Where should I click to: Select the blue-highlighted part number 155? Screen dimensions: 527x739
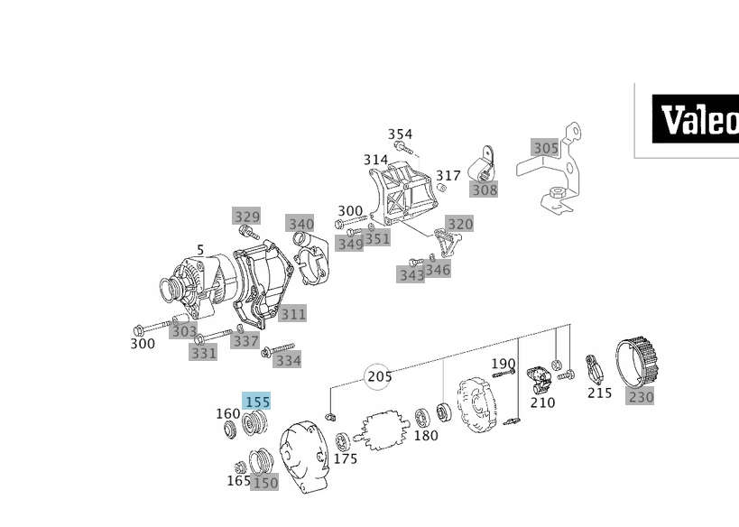point(257,402)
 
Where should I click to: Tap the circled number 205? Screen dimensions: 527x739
point(379,377)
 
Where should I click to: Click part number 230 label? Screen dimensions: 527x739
point(641,396)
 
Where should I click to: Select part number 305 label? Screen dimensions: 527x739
point(545,148)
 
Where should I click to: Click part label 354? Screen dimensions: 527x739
point(400,134)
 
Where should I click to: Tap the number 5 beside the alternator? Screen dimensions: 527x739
point(200,250)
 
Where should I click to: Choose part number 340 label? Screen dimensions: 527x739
point(300,224)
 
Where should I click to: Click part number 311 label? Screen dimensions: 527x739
point(292,314)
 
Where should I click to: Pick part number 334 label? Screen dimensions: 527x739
point(288,360)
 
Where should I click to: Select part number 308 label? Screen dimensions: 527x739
point(484,190)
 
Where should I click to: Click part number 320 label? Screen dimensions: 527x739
point(459,224)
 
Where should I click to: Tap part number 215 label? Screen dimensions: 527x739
point(599,393)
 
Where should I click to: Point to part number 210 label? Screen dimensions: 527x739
point(542,402)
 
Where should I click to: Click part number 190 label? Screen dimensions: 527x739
point(503,364)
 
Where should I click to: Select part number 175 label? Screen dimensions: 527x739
point(346,458)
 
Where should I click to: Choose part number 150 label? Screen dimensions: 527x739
point(265,483)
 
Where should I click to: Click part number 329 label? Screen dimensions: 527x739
point(246,217)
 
